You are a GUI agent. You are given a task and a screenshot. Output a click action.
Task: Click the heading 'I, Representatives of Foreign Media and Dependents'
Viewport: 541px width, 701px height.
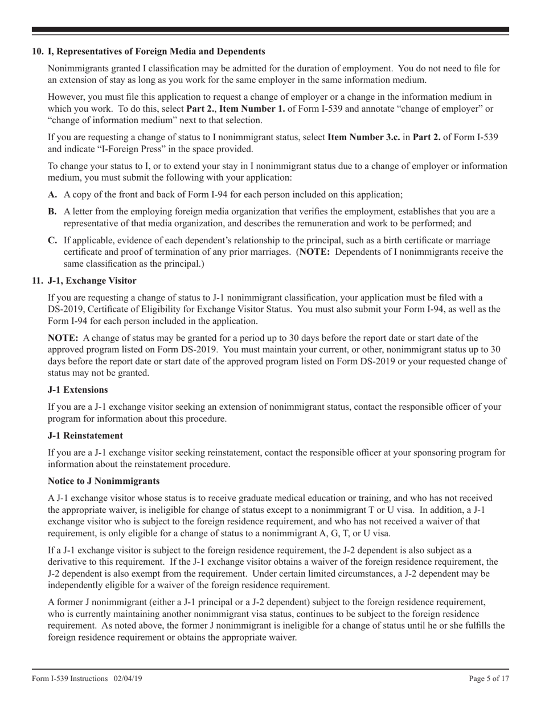pos(148,52)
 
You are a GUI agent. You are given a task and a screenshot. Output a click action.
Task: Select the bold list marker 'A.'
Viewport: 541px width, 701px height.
pos(53,194)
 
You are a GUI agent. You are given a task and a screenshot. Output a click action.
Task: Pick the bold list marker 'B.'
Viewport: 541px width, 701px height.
pos(52,212)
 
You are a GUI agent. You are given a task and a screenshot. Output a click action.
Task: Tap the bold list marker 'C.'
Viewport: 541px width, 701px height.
pos(53,241)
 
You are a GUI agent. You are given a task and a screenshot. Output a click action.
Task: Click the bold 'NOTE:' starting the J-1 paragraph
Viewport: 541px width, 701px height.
pos(63,339)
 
